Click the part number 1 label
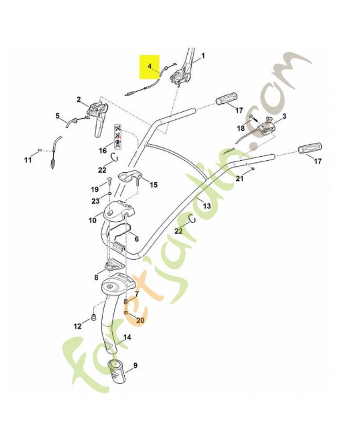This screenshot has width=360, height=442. (203, 56)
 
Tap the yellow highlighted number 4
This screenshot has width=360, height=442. (150, 66)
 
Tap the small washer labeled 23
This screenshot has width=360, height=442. (109, 194)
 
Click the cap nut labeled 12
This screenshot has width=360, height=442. (93, 318)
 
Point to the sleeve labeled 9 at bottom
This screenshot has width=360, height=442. (117, 371)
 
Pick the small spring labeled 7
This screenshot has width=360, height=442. (126, 302)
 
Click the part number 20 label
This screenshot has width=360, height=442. (140, 320)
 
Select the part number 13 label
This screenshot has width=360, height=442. (207, 206)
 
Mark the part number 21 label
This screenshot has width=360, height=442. (240, 178)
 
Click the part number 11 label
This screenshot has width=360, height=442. (27, 160)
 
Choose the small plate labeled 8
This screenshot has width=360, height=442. (114, 265)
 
